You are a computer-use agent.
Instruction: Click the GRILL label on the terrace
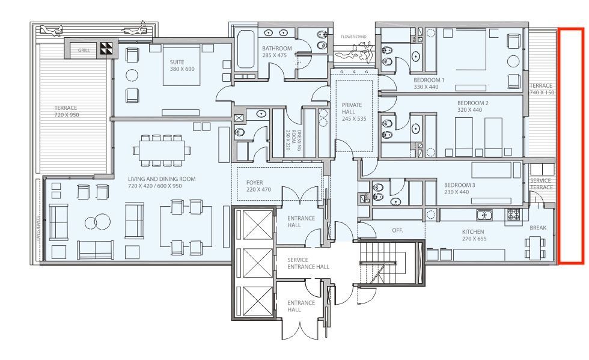(84, 50)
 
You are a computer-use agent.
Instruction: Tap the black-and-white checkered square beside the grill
(106, 49)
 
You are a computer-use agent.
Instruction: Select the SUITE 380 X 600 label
(182, 66)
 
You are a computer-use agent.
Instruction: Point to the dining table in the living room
(162, 150)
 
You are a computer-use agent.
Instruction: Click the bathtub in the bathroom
(246, 50)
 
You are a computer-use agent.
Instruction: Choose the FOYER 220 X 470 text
(258, 186)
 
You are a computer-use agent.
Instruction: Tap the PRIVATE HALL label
(352, 108)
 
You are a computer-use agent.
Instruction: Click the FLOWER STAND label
(353, 37)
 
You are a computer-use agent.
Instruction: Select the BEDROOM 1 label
(429, 80)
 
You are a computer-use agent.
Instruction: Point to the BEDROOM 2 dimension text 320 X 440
(469, 110)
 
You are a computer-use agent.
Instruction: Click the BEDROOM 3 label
(459, 185)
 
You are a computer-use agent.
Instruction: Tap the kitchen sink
(484, 215)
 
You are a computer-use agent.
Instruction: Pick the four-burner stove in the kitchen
(513, 215)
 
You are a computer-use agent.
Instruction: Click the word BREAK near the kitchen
(538, 228)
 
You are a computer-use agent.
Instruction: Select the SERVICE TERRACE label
(542, 184)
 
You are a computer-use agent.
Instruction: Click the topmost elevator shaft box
(257, 225)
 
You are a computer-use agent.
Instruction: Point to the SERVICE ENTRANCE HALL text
(308, 263)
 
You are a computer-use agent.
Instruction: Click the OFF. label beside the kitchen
(397, 230)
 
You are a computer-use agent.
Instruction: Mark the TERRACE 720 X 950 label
(67, 111)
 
